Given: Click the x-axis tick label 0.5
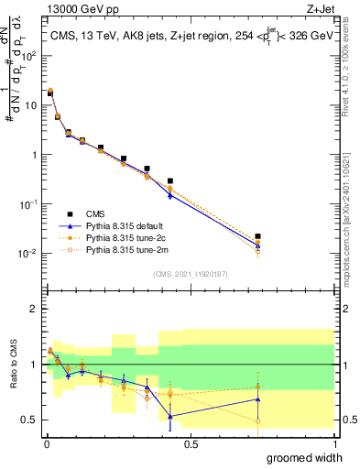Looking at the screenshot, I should (191, 443).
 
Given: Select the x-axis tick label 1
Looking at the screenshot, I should (335, 443).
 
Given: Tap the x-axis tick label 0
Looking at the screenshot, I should (46, 443).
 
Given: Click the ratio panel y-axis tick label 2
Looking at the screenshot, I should (35, 309).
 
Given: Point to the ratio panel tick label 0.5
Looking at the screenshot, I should (30, 420).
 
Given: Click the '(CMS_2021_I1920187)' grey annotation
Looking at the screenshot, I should (191, 274).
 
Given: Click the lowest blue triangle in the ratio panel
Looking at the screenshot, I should (170, 416).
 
